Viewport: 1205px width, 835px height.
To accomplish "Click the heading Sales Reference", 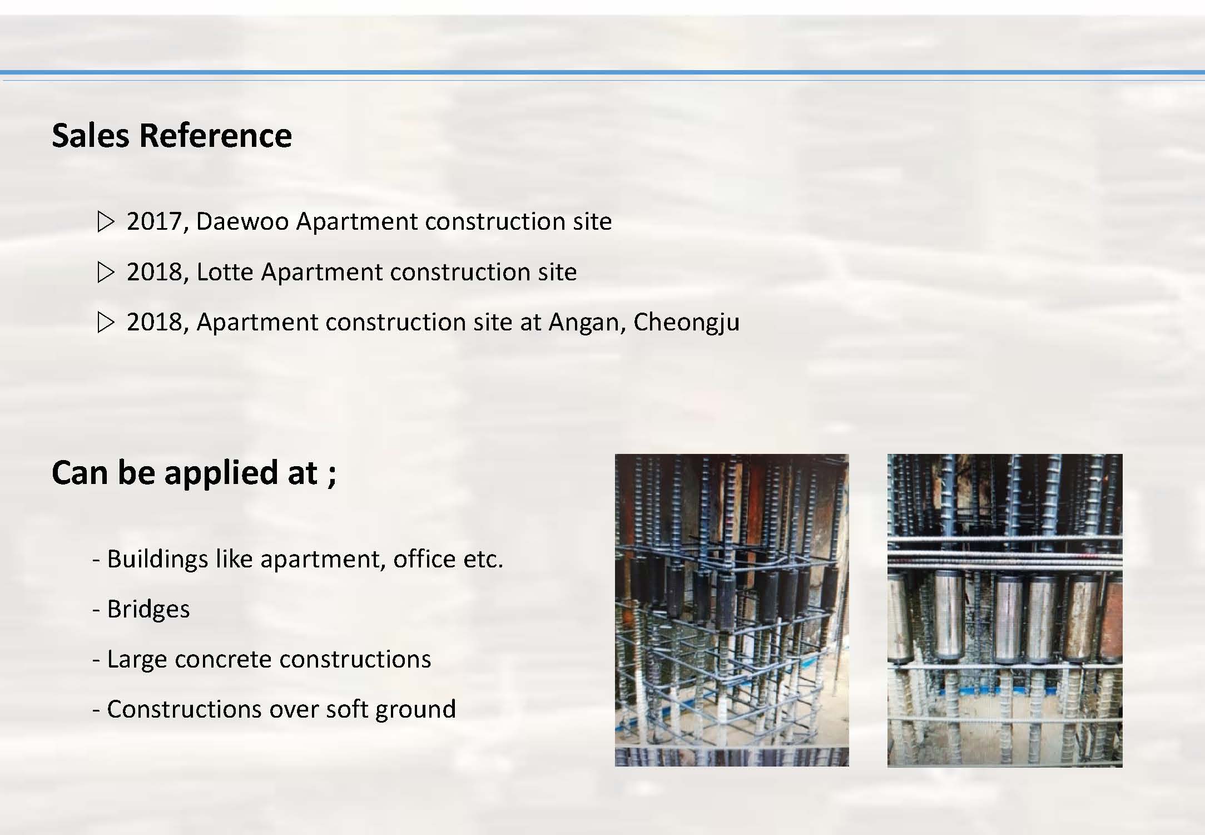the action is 172,135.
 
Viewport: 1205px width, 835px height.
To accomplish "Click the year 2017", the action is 158,222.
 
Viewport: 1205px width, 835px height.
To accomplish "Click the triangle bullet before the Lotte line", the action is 106,273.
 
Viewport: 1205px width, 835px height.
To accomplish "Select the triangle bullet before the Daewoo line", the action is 106,222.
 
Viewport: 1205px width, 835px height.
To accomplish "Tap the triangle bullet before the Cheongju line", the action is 106,323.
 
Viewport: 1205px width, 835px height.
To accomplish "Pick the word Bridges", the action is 148,609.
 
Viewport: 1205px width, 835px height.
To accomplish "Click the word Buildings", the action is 157,560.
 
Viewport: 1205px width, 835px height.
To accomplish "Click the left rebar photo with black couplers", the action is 732,610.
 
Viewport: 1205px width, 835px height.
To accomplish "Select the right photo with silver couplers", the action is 1005,611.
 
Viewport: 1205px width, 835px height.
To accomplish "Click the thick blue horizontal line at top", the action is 602,72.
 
